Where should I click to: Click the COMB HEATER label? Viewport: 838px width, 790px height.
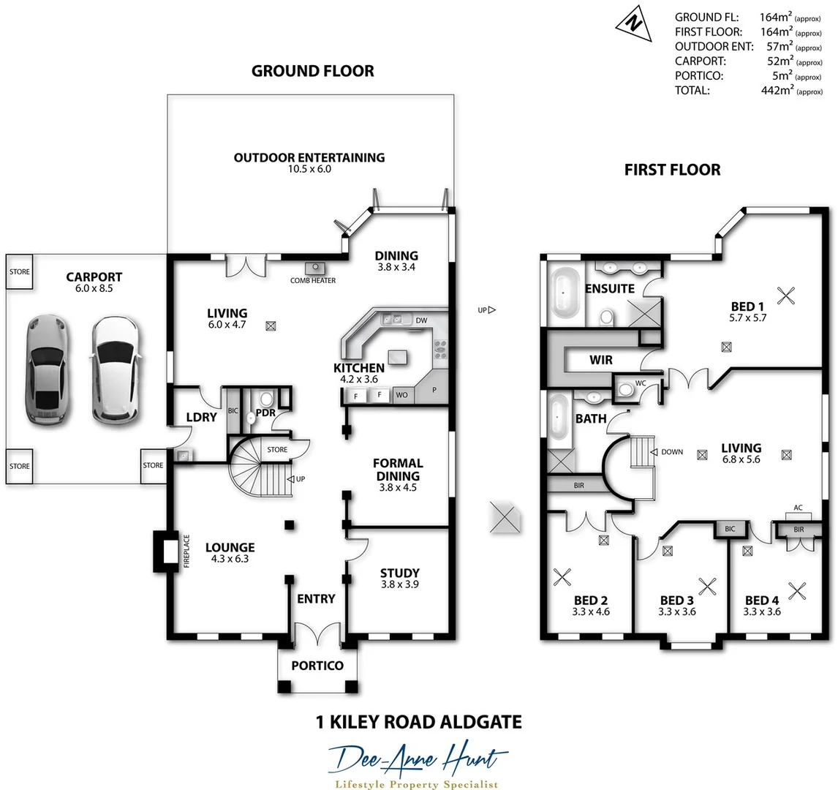point(313,280)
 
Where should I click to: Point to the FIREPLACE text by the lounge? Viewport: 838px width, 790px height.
point(186,551)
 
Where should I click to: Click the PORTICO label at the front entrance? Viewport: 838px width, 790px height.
point(317,666)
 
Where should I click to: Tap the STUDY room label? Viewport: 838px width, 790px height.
point(400,573)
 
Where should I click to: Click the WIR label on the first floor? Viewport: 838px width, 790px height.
point(600,361)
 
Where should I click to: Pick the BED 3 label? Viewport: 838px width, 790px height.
point(676,601)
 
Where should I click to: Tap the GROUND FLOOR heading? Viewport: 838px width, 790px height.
point(312,71)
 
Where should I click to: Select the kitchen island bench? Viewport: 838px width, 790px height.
point(398,355)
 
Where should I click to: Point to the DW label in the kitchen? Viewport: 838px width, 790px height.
point(420,320)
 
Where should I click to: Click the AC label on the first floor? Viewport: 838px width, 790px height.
point(798,507)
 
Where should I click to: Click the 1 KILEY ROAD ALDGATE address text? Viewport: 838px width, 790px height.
point(418,723)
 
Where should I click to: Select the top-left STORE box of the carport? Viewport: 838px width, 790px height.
point(20,271)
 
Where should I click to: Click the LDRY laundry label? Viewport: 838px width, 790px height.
point(202,417)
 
